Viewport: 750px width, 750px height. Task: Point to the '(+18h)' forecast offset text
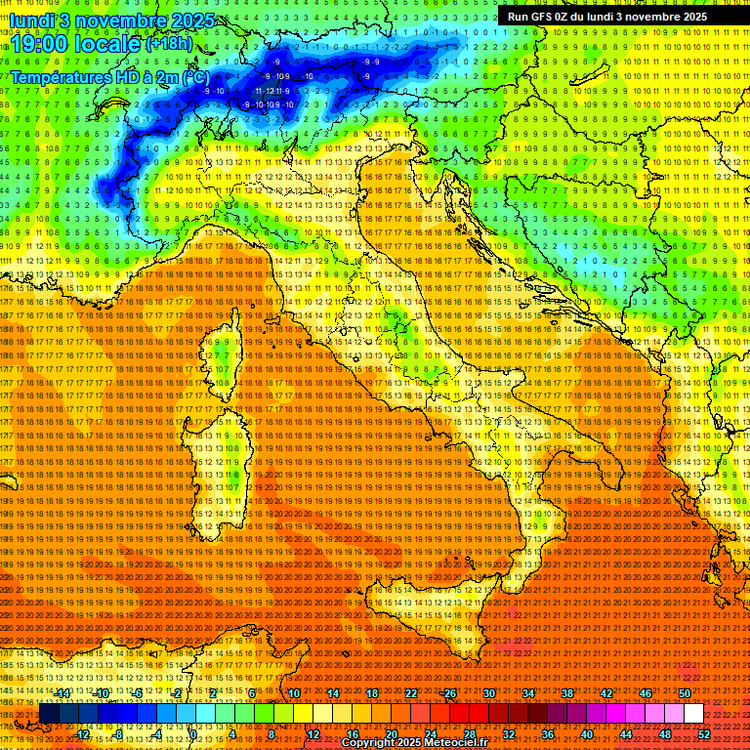[170, 44]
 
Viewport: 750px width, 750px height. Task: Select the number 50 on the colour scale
[684, 693]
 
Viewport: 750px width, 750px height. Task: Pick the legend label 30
[488, 693]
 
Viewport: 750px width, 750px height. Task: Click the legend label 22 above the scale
[410, 693]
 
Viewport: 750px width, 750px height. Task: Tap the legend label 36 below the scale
[548, 734]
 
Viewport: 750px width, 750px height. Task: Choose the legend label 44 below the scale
[626, 734]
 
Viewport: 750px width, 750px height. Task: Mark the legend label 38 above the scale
[566, 693]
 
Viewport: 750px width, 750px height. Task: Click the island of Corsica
[222, 356]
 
